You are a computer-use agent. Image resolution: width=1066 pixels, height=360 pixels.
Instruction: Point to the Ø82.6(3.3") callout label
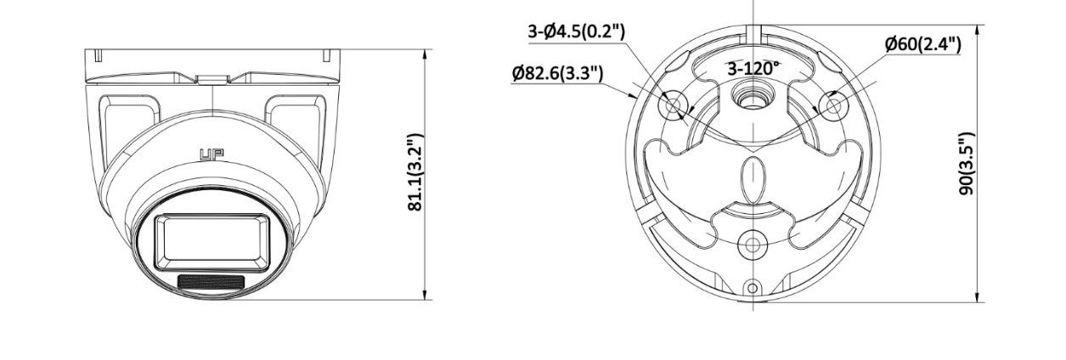(x=558, y=73)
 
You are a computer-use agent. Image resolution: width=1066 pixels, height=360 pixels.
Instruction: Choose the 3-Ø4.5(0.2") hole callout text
(x=576, y=31)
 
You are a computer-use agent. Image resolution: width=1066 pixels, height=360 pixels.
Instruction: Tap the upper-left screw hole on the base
(x=676, y=104)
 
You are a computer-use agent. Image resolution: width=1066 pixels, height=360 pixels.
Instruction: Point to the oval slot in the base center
(x=753, y=179)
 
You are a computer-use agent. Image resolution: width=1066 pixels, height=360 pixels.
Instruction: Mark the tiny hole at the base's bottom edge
(x=753, y=286)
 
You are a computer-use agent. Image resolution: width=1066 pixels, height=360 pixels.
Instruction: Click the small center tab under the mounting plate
(x=212, y=80)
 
